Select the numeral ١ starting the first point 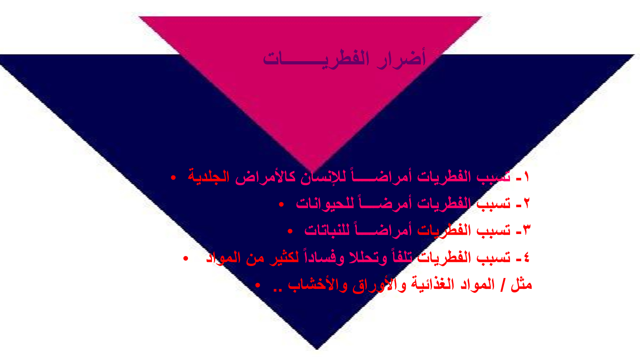526,177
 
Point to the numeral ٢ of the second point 527,203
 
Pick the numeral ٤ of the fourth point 527,257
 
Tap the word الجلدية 208,177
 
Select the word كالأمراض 266,177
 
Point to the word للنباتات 327,230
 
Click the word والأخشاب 317,285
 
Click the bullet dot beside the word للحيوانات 281,204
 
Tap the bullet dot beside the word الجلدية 173,178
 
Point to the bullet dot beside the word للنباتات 290,231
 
